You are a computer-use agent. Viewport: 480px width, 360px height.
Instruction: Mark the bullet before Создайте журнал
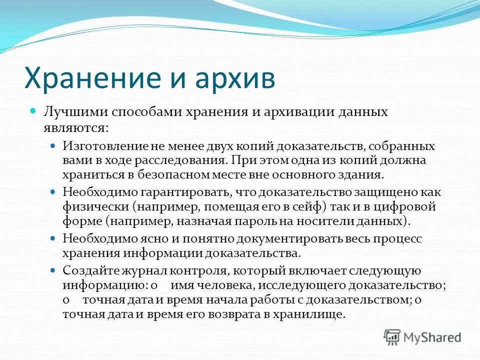[x=54, y=270]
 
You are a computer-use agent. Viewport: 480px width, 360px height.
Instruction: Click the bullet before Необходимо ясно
[x=54, y=238]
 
